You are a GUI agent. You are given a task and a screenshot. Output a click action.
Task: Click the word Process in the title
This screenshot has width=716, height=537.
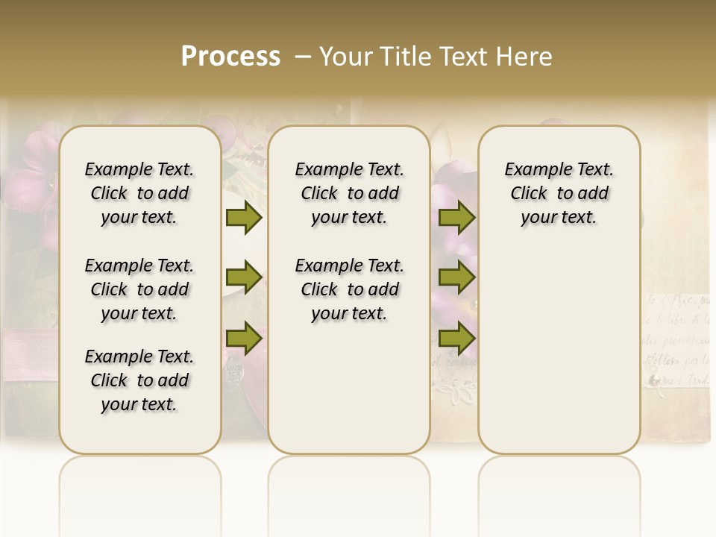230,57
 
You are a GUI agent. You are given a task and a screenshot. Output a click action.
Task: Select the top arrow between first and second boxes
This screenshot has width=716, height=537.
244,218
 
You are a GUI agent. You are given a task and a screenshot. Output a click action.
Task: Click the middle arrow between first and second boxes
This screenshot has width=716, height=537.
244,278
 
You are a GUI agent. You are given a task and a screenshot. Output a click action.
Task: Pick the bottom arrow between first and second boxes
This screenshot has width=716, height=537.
244,339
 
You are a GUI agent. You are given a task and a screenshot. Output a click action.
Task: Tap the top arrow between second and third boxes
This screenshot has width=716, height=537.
456,218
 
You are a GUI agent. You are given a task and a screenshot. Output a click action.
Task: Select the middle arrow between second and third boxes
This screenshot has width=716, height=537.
456,278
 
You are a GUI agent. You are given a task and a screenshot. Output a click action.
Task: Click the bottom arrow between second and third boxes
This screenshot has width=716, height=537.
456,339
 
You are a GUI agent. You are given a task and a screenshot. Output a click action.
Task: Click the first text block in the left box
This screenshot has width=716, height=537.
139,193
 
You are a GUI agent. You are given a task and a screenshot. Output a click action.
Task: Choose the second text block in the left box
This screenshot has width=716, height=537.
139,289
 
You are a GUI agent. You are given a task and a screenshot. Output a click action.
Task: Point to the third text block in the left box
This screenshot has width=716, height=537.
139,380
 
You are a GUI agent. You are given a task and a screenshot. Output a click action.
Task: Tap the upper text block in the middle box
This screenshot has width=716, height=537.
349,193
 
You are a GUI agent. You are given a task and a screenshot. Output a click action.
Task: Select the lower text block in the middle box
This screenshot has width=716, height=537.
349,289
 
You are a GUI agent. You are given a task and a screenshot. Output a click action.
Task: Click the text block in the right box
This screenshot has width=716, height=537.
559,193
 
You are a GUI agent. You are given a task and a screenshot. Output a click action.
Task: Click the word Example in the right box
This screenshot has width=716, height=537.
533,170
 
